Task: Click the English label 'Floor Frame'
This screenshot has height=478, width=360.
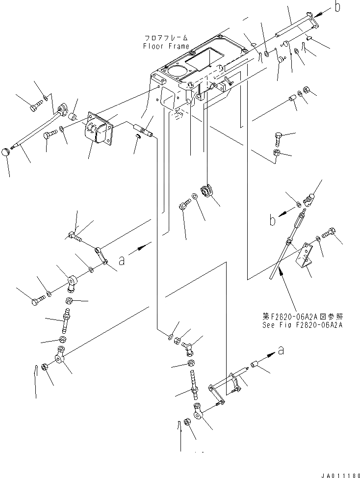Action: tap(166, 46)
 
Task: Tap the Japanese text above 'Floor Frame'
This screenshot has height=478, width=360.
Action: tap(166, 38)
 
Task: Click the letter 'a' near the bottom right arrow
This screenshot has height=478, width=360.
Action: tap(280, 350)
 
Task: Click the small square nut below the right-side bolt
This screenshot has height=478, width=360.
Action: tap(276, 155)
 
